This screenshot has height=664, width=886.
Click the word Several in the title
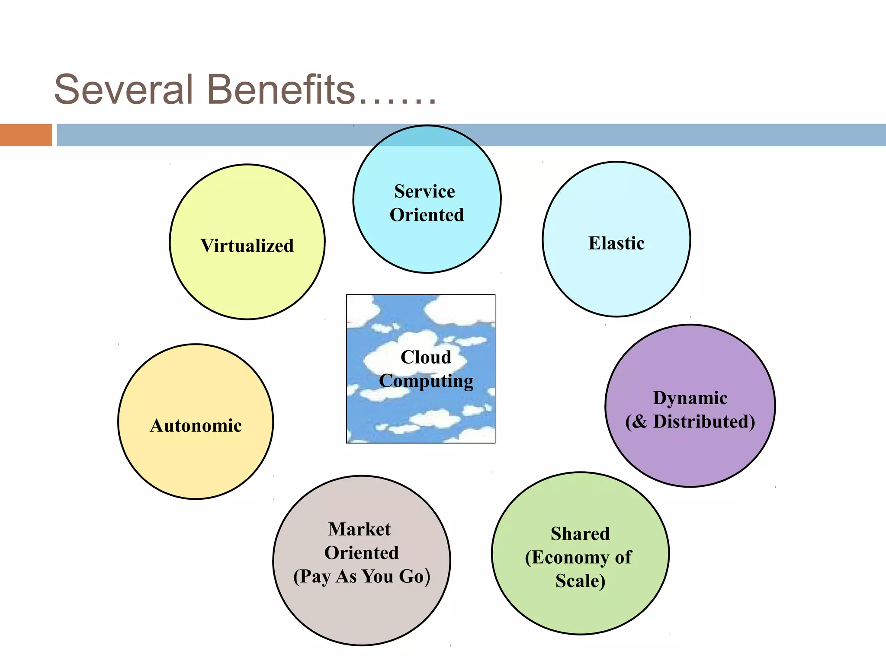click(123, 90)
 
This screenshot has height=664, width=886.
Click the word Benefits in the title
click(281, 90)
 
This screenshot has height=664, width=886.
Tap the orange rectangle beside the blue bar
click(26, 135)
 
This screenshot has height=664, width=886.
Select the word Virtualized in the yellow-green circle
click(247, 246)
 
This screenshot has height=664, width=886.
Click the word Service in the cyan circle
click(424, 192)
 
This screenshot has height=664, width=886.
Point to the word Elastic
click(616, 243)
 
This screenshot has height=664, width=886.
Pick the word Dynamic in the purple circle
click(690, 398)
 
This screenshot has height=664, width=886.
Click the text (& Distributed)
click(690, 421)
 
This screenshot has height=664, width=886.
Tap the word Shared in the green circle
click(580, 534)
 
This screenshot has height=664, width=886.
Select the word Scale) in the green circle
click(580, 581)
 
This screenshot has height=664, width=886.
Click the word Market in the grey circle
click(360, 529)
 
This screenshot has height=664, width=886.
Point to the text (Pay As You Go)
click(362, 577)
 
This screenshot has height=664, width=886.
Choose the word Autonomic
click(196, 426)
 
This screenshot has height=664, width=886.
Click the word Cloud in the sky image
click(426, 357)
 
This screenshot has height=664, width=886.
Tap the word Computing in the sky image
click(426, 381)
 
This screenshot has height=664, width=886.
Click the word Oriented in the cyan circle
click(427, 215)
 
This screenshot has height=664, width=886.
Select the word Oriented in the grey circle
click(362, 553)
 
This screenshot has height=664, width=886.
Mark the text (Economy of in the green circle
click(578, 558)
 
